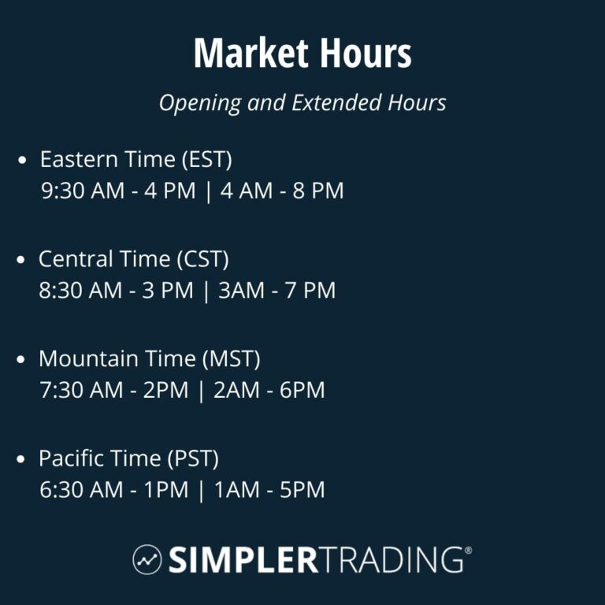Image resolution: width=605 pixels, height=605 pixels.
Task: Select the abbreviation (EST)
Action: pyautogui.click(x=206, y=160)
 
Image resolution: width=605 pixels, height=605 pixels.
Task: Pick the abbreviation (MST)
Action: pyautogui.click(x=232, y=359)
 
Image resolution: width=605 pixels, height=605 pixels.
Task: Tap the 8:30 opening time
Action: pyautogui.click(x=60, y=291)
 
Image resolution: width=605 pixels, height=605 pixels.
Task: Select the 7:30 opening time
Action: pyautogui.click(x=60, y=391)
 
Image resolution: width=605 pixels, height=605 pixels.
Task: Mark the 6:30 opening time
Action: pyautogui.click(x=60, y=490)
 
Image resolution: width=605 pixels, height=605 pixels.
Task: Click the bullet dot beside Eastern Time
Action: pyautogui.click(x=23, y=161)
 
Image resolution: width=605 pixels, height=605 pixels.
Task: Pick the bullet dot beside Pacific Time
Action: pyautogui.click(x=23, y=459)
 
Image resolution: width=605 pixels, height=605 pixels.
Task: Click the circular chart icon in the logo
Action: pyautogui.click(x=147, y=559)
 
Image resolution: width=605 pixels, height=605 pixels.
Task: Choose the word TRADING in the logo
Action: pyautogui.click(x=392, y=559)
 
